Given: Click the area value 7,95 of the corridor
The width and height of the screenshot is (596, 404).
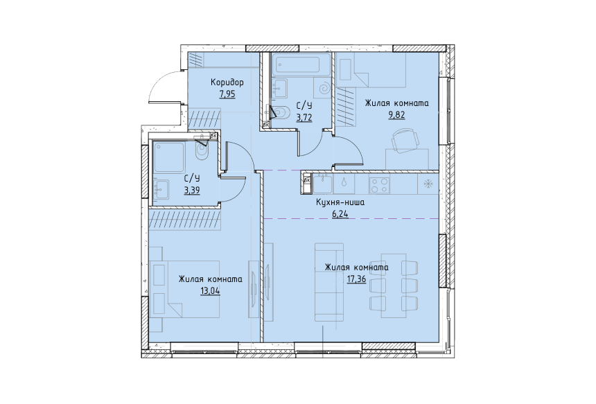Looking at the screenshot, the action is click(227, 94).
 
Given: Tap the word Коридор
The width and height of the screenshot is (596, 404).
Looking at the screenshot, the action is click(227, 82).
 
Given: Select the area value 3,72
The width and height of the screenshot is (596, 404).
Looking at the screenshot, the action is click(304, 117).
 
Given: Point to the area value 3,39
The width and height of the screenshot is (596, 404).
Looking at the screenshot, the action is click(192, 191).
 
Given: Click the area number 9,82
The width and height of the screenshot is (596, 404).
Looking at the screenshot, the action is click(396, 115).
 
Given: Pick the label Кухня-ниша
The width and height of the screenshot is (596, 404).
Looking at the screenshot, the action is click(340, 202).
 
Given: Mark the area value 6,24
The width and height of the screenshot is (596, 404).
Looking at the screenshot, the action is click(340, 214).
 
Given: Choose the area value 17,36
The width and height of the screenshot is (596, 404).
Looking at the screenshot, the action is click(356, 279).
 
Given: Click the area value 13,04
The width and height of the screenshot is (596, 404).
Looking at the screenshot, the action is click(211, 291).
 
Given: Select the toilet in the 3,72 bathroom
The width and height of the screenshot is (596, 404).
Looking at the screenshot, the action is click(281, 112).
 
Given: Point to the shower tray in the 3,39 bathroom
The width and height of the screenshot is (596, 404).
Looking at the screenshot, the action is click(170, 157).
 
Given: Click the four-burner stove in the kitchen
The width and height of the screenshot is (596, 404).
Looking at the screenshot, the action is click(378, 185).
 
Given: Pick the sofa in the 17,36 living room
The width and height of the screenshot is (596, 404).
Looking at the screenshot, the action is click(329, 281).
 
